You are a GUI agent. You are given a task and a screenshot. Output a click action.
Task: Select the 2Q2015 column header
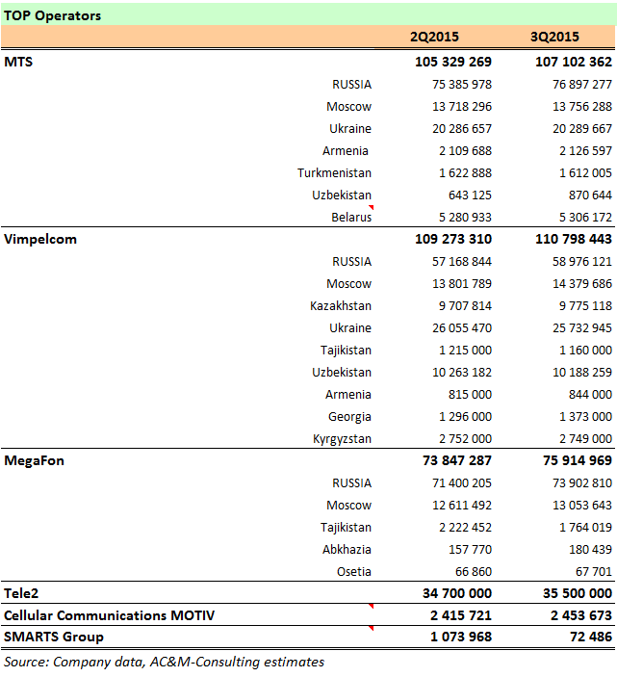coord(434,38)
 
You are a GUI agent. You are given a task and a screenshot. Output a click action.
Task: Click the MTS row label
coord(18,62)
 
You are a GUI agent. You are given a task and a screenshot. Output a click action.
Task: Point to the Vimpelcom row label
coord(40,239)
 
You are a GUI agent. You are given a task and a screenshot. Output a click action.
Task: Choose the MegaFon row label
coord(34,460)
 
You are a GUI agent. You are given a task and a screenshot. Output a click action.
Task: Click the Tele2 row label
coord(22,593)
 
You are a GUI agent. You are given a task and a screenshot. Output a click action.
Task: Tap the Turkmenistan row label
coord(334,172)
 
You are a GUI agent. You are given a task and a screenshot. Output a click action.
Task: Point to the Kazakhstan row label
coord(341,305)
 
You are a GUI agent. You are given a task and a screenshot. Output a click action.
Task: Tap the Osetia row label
coord(351,571)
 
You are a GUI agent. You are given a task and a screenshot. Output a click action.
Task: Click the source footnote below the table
coord(164,662)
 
